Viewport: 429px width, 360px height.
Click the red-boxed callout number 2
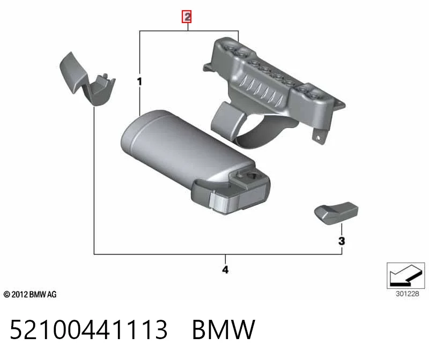point(187,17)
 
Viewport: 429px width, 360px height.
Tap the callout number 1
point(139,81)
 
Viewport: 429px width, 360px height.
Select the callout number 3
point(342,241)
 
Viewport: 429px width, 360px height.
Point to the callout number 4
point(225,270)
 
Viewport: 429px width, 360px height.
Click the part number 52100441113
point(88,329)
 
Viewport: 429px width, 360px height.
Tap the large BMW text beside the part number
point(224,329)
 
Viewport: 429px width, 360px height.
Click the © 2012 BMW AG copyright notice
point(30,295)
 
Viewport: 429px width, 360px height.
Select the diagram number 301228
point(407,294)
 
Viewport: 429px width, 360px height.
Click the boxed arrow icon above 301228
point(406,275)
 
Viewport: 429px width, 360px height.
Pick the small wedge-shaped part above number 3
point(336,213)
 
